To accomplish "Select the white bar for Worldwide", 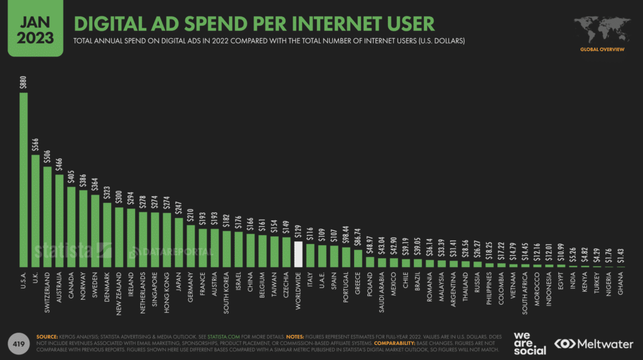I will tap(298, 255).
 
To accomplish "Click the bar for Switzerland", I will tap(48, 217).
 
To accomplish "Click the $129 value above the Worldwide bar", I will tap(298, 231).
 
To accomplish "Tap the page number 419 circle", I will tap(19, 343).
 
